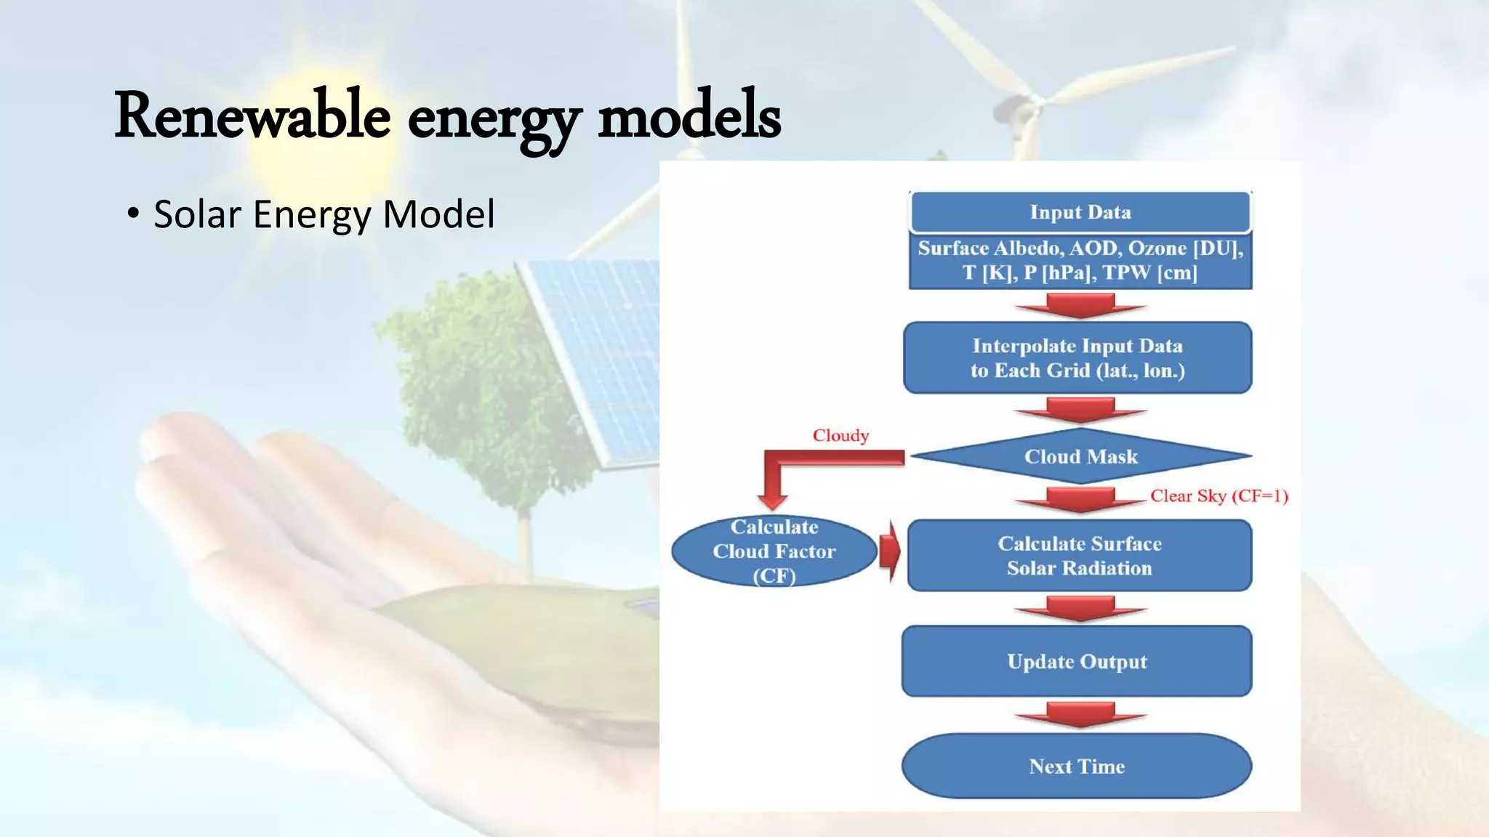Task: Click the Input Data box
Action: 1080,212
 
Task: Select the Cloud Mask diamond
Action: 1080,456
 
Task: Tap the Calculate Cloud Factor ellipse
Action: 774,551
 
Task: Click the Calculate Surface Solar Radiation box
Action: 1080,556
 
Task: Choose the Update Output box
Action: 1077,661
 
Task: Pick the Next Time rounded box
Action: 1077,767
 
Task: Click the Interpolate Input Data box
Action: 1077,358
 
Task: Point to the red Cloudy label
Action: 840,435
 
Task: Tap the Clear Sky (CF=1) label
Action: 1219,496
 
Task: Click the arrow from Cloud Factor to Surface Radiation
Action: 890,551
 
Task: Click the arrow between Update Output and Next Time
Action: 1080,714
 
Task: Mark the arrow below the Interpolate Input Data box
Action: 1080,410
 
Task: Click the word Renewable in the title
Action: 252,116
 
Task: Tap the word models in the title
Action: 689,116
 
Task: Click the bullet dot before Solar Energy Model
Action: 132,214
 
